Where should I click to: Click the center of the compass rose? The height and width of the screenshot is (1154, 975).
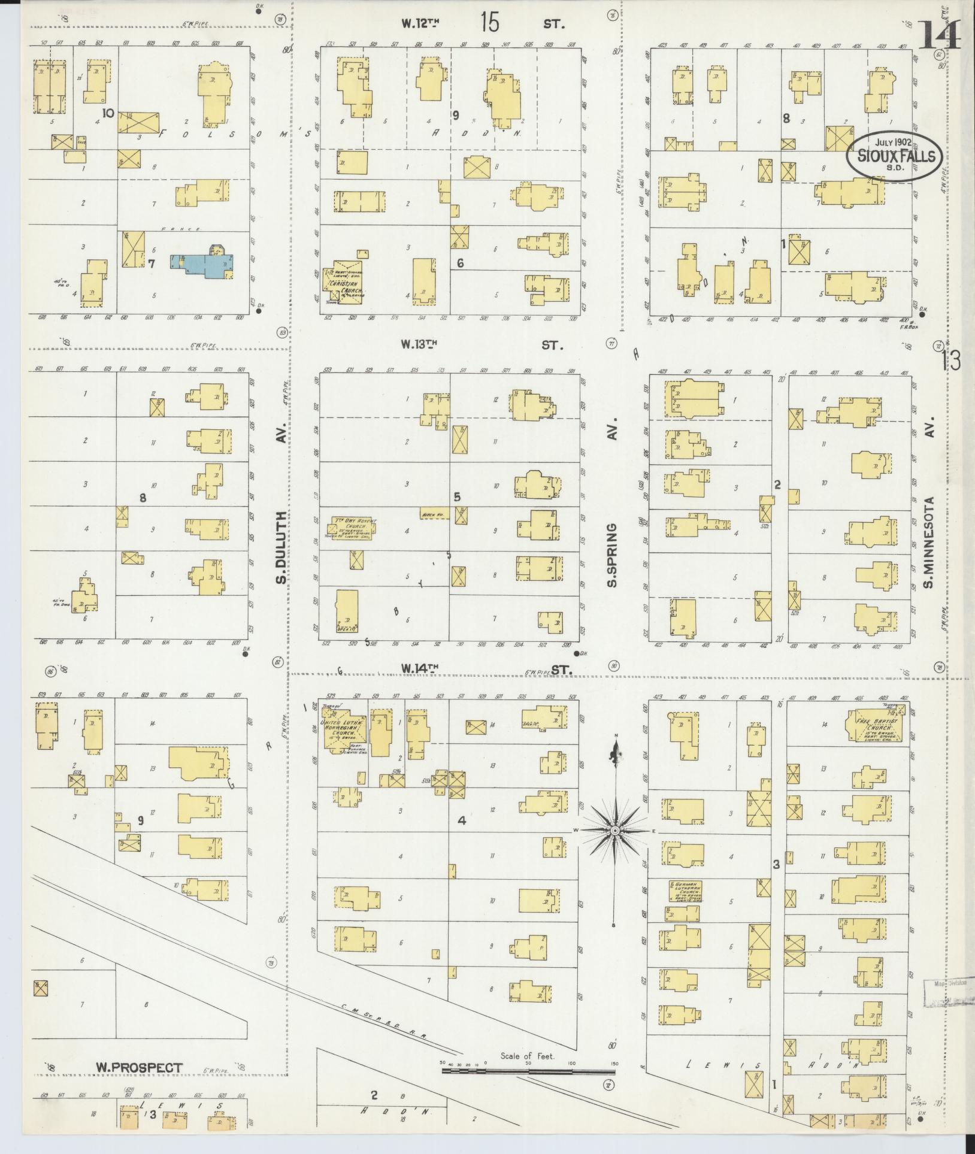(x=615, y=831)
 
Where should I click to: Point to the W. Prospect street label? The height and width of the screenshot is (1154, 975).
(x=138, y=1067)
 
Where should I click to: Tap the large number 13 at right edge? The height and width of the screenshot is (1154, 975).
(x=951, y=361)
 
